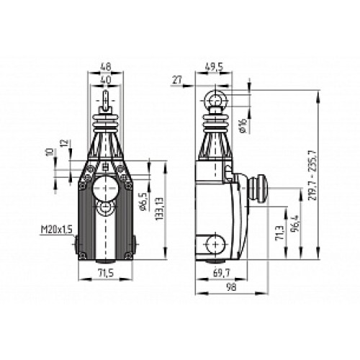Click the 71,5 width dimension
(105, 273)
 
